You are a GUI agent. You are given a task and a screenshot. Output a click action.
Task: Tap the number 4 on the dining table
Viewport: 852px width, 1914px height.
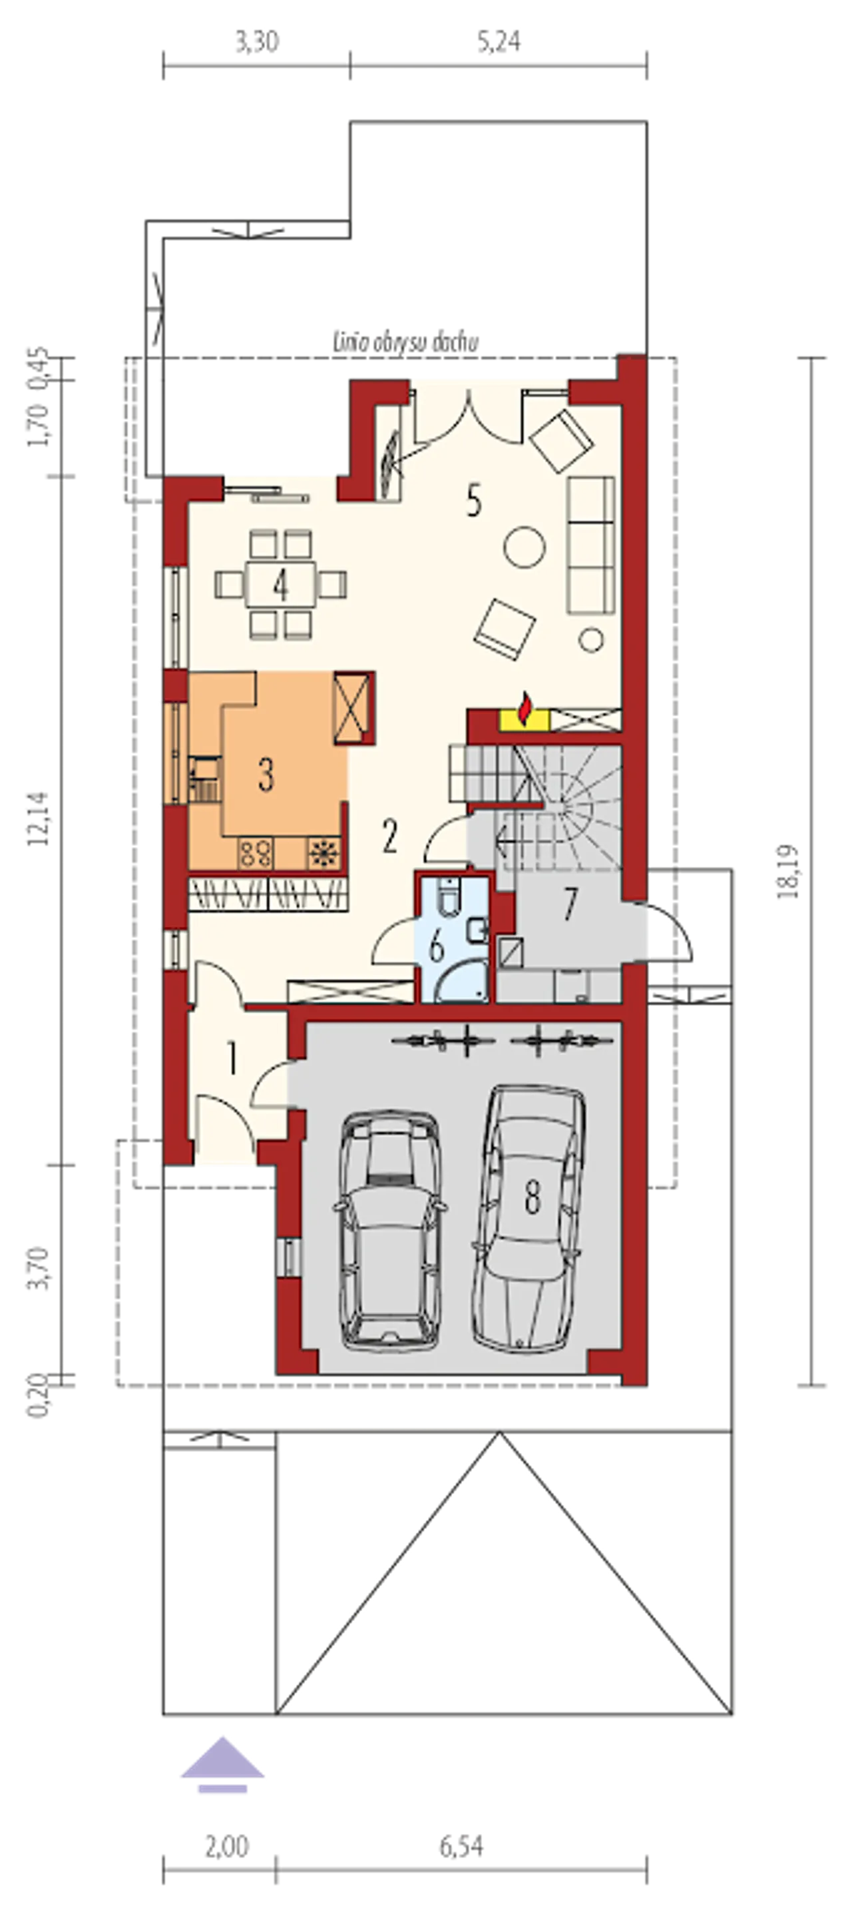click(280, 585)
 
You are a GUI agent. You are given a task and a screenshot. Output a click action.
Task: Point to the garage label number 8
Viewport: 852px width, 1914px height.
click(532, 1197)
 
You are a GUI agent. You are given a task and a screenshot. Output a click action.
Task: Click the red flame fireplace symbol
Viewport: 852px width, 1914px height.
click(525, 708)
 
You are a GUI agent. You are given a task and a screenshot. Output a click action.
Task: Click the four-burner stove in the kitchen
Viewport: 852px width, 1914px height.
click(256, 852)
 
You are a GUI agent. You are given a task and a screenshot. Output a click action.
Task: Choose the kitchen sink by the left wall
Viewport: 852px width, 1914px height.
click(204, 777)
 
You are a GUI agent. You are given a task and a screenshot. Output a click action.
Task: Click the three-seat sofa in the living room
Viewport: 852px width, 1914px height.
click(591, 545)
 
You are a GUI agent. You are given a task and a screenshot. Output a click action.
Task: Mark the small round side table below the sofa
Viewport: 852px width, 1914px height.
click(591, 640)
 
